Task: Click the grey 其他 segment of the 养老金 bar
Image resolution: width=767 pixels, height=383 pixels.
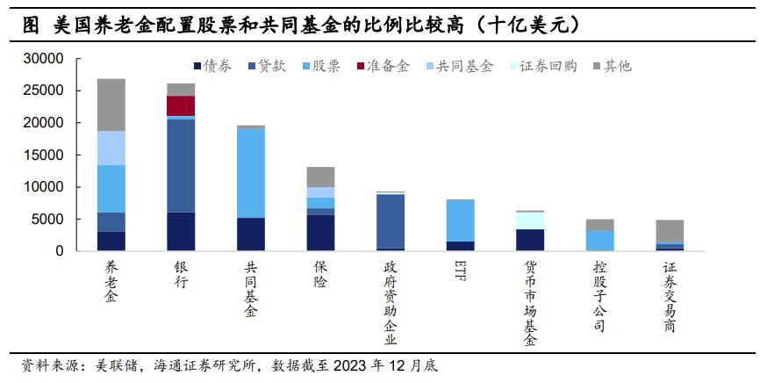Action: tap(111, 105)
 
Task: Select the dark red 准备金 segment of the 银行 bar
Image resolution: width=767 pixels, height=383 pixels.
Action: tap(181, 105)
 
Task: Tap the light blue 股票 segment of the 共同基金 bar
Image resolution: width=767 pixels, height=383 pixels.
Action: tap(251, 173)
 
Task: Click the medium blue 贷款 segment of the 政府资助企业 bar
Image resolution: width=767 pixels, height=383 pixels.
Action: tap(391, 221)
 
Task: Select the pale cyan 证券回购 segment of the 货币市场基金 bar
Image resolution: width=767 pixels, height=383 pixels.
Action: tap(530, 220)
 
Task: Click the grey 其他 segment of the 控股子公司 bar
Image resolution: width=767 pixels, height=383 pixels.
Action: tap(600, 225)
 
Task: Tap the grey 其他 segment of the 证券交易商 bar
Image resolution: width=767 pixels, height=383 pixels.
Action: tap(670, 231)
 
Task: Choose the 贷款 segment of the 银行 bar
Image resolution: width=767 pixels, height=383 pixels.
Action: tap(181, 165)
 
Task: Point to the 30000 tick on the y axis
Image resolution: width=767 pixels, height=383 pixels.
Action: tap(45, 59)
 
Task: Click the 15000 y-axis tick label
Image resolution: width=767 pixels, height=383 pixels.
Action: tap(45, 155)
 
